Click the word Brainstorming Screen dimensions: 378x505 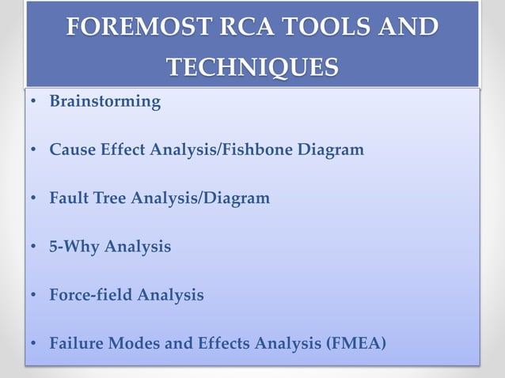[104, 102]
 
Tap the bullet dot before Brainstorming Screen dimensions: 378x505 [32, 103]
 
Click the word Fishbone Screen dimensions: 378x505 [259, 149]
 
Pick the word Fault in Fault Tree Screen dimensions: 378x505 [68, 198]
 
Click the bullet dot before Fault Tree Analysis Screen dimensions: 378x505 [32, 199]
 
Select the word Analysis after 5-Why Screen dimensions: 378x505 [139, 247]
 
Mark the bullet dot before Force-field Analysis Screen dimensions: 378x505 [32, 296]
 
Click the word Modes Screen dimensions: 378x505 [133, 344]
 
